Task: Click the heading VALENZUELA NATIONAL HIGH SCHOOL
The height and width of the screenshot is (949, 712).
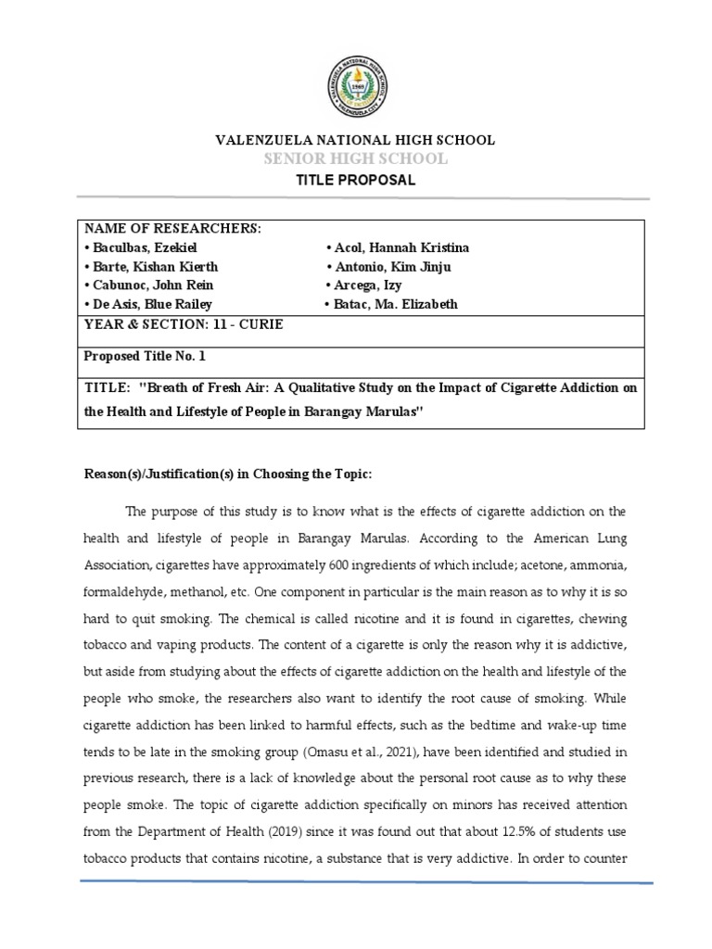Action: [x=356, y=140]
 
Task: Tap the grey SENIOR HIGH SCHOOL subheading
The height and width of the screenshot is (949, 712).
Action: [x=356, y=159]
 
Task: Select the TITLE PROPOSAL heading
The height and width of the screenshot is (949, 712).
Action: [x=356, y=180]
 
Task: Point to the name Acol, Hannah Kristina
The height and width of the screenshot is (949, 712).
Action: [x=398, y=247]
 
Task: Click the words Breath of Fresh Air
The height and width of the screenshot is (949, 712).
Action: [x=196, y=388]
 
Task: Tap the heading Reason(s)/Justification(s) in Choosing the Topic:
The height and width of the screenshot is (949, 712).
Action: [x=228, y=474]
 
